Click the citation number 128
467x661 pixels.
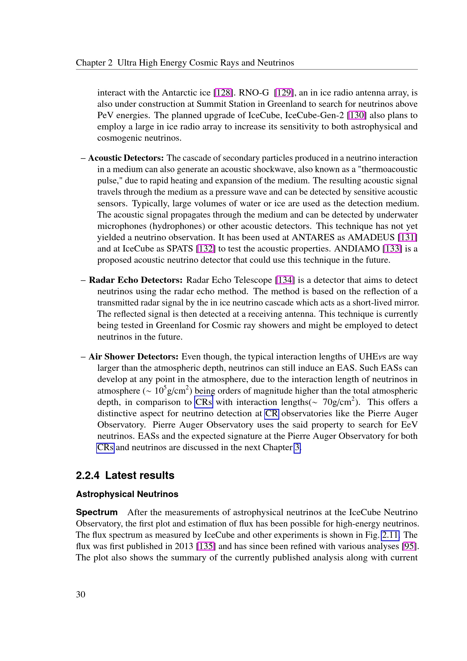point(223,93)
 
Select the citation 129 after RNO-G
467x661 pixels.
point(284,93)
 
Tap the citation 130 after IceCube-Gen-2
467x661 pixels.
point(357,116)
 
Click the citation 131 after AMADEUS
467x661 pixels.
point(407,237)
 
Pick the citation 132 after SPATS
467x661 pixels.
point(206,249)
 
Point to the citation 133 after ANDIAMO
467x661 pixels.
point(392,249)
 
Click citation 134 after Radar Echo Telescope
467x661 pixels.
point(285,280)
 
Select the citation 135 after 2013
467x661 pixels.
point(206,547)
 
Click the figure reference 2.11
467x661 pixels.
point(390,535)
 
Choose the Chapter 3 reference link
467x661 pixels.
point(297,448)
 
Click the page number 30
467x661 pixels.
point(80,595)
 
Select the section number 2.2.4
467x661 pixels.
point(88,476)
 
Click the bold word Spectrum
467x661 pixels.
point(97,512)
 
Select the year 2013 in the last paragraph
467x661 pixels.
point(184,547)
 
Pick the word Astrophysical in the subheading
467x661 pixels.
point(105,494)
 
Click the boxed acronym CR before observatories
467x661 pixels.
point(271,414)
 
